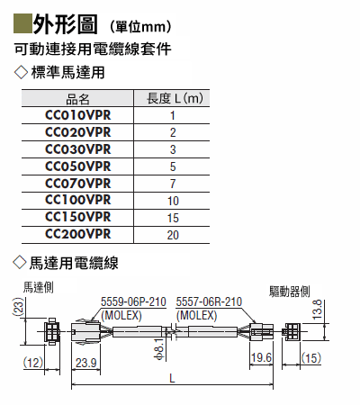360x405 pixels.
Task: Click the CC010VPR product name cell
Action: click(x=78, y=115)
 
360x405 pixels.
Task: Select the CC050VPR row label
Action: click(x=78, y=166)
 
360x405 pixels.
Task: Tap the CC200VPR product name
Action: click(x=78, y=234)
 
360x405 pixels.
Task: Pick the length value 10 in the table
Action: click(x=173, y=201)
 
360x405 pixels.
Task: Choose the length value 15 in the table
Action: click(x=173, y=218)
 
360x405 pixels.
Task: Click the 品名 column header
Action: click(x=77, y=99)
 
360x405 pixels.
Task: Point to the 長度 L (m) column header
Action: click(x=175, y=98)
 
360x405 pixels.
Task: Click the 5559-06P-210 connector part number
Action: click(x=133, y=301)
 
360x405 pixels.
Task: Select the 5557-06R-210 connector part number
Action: click(x=209, y=301)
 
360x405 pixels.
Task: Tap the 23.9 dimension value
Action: click(x=85, y=363)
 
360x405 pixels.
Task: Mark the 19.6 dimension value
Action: click(x=261, y=357)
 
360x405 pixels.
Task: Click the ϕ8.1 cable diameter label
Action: click(x=159, y=348)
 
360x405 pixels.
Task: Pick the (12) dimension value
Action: click(x=33, y=363)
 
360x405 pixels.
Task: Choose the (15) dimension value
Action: click(x=311, y=358)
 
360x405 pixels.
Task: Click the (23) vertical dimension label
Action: click(x=18, y=307)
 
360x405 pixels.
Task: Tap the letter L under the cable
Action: click(x=172, y=379)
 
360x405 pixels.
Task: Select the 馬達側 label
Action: click(x=39, y=287)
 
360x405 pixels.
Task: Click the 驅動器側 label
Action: click(x=289, y=292)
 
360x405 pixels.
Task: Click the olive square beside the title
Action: click(x=22, y=23)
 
